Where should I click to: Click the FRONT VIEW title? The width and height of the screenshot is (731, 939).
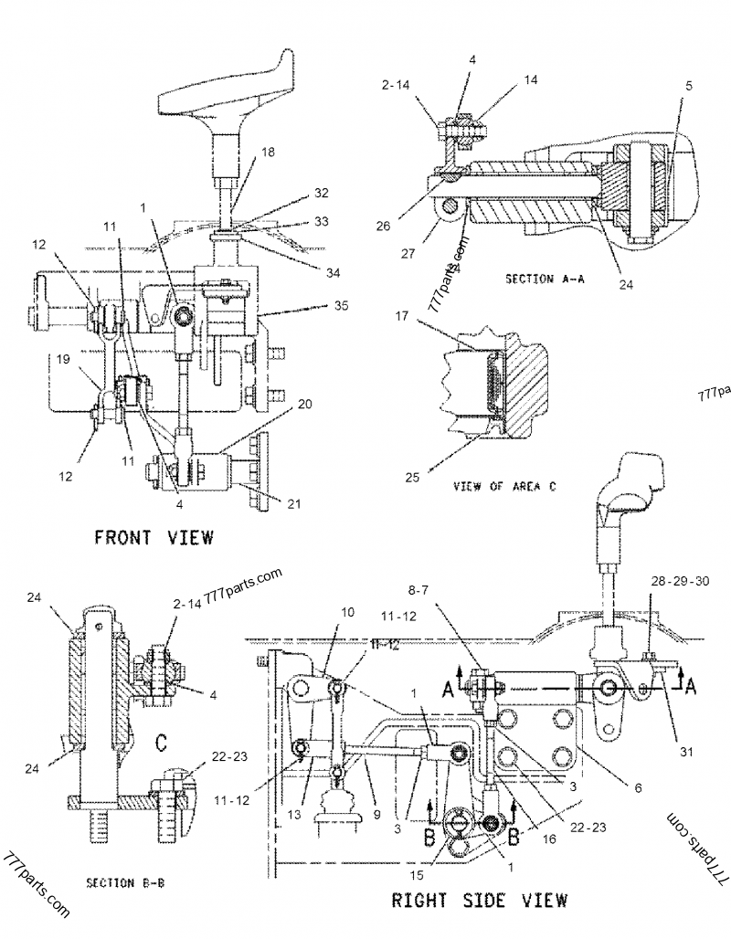pyautogui.click(x=154, y=537)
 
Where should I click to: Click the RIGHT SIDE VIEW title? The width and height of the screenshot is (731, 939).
pyautogui.click(x=480, y=900)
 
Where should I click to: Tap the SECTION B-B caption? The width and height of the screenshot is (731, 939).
pyautogui.click(x=124, y=883)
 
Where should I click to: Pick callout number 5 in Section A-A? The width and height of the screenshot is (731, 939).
pyautogui.click(x=688, y=86)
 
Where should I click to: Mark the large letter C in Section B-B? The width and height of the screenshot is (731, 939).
pyautogui.click(x=161, y=745)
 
